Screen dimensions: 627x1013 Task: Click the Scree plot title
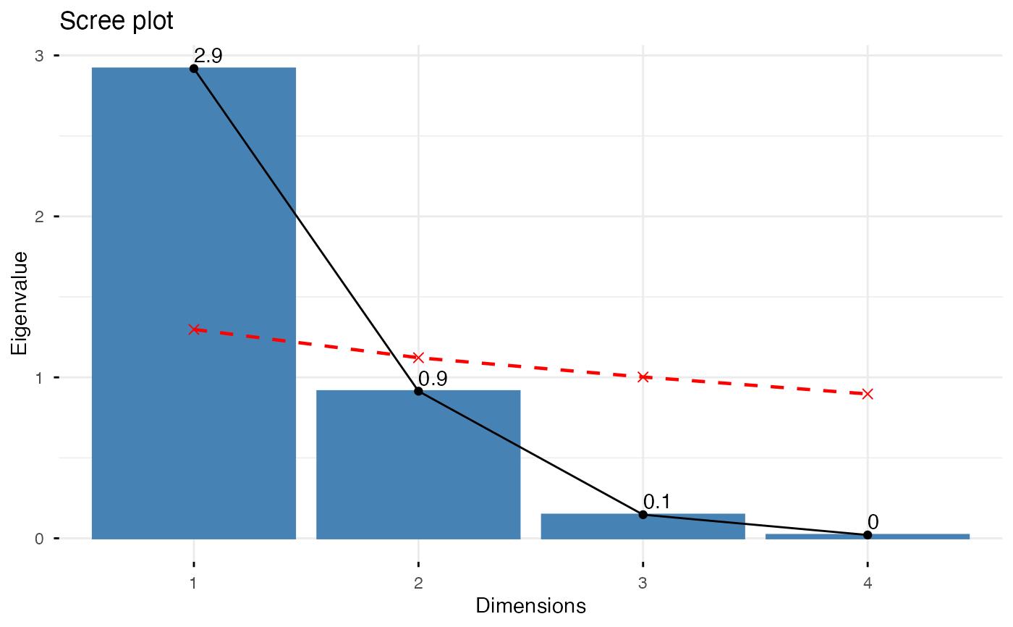pyautogui.click(x=116, y=22)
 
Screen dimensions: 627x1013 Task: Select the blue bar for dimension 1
pyautogui.click(x=194, y=304)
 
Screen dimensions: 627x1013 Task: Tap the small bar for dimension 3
pyautogui.click(x=643, y=526)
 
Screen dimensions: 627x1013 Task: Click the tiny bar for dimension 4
pyautogui.click(x=867, y=536)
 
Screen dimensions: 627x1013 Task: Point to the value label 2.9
pyautogui.click(x=208, y=57)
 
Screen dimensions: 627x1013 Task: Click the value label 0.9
pyautogui.click(x=433, y=379)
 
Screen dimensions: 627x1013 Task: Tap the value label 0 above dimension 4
pyautogui.click(x=873, y=523)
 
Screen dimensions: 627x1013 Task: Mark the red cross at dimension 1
pyautogui.click(x=194, y=329)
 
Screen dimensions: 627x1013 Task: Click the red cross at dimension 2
pyautogui.click(x=418, y=358)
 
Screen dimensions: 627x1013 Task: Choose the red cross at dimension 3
pyautogui.click(x=643, y=377)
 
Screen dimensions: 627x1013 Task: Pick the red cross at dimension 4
pyautogui.click(x=867, y=394)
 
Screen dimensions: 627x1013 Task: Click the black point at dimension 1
pyautogui.click(x=194, y=68)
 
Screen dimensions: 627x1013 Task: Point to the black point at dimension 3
pyautogui.click(x=643, y=515)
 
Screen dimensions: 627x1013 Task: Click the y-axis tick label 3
pyautogui.click(x=40, y=56)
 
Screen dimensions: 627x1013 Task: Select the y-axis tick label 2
pyautogui.click(x=40, y=216)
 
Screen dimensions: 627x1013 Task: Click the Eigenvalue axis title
pyautogui.click(x=20, y=303)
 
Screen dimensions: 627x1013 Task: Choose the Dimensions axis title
pyautogui.click(x=530, y=606)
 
